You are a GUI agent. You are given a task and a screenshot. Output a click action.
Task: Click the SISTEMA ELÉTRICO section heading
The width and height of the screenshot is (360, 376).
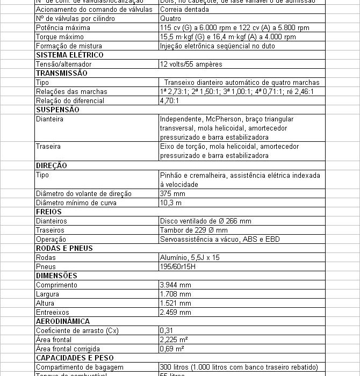(x=69, y=55)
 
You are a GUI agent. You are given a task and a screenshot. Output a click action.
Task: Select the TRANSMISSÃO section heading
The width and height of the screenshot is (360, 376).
(x=61, y=73)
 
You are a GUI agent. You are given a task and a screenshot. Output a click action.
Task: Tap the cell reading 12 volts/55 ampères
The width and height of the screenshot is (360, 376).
(x=191, y=64)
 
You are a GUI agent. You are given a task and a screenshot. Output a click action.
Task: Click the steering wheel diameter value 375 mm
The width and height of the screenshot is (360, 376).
(x=172, y=193)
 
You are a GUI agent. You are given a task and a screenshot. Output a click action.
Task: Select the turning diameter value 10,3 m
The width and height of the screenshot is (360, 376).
(x=171, y=203)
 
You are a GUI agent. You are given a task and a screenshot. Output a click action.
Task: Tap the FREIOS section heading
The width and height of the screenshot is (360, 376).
(x=49, y=212)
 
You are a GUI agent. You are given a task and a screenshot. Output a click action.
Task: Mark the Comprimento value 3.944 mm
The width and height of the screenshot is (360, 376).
(x=175, y=285)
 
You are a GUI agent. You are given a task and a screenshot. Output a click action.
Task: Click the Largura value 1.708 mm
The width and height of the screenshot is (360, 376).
(x=175, y=294)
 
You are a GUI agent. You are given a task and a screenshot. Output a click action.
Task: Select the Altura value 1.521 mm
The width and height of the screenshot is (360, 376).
(x=175, y=303)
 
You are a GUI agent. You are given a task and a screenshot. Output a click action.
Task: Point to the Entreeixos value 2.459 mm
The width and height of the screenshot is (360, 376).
(x=175, y=312)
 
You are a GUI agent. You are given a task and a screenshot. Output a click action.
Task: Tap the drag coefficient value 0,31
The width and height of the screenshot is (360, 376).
(x=166, y=330)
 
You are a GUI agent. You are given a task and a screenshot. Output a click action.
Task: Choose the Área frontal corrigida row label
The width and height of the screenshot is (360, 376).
(x=68, y=349)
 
